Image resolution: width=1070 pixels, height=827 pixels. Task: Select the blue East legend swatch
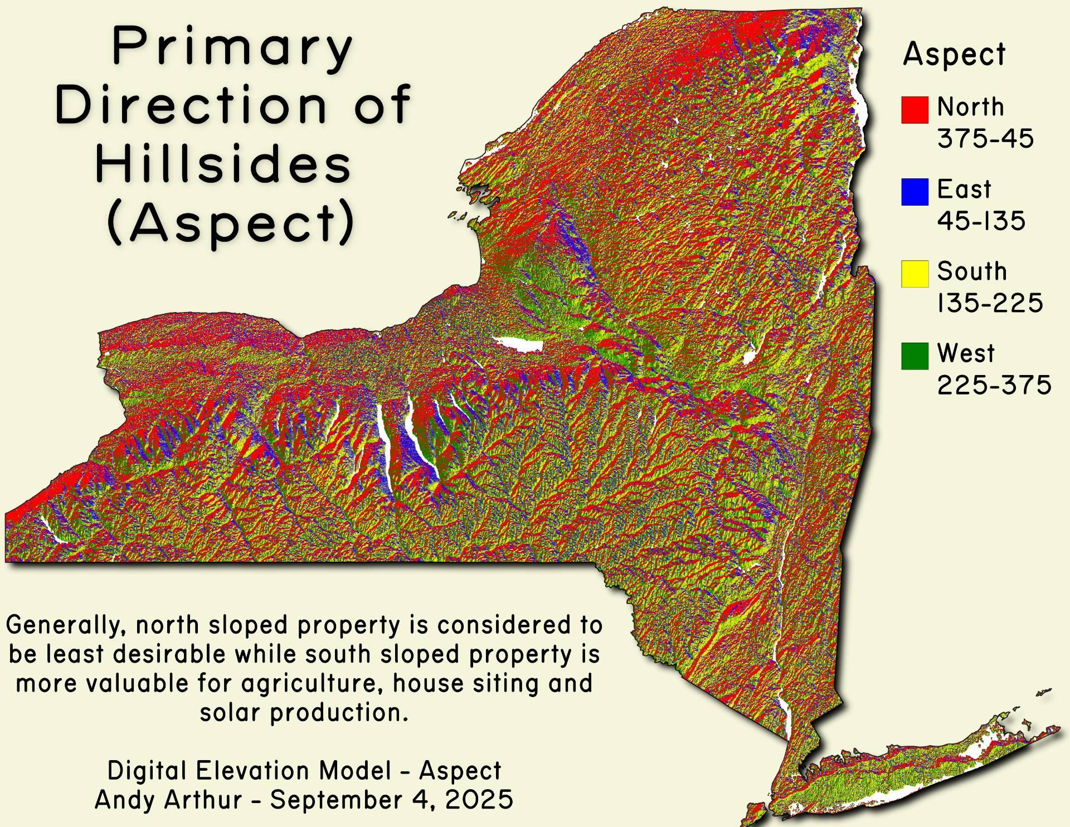pos(915,192)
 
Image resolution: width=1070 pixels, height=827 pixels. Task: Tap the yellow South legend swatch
pos(915,274)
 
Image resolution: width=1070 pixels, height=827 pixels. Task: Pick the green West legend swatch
pos(915,356)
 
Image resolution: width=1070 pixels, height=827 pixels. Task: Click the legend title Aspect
pos(954,55)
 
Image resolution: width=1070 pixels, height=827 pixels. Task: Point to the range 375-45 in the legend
pos(985,138)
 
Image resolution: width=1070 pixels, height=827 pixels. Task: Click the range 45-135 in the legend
pos(981,221)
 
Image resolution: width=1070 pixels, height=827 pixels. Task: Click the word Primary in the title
pos(232,48)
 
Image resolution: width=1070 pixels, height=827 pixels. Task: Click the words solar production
pos(304,712)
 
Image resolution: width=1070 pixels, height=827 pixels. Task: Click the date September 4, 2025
pos(392,800)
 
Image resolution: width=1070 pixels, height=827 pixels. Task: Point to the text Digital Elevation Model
pos(249,771)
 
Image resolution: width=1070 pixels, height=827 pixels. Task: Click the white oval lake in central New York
pos(518,344)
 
